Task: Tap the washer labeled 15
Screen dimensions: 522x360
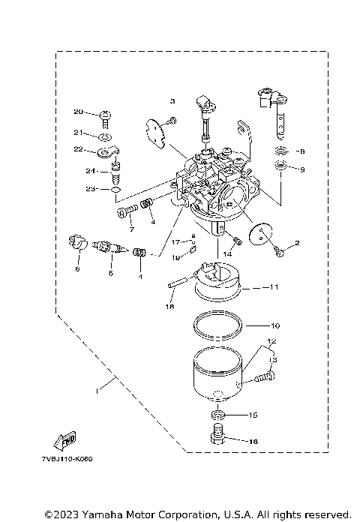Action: tap(218, 415)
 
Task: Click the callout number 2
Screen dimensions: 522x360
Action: tap(296, 242)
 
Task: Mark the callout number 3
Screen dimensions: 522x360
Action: tap(172, 100)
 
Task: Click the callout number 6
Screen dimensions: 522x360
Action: tap(76, 268)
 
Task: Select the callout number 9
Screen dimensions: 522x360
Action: tap(303, 169)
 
